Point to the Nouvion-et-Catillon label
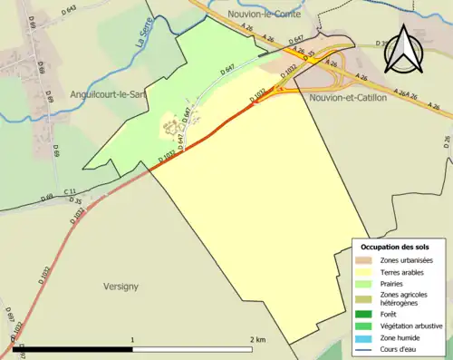coord(348,97)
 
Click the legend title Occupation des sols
coord(395,248)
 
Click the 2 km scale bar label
coord(257,339)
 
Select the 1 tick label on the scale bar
coord(133,339)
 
